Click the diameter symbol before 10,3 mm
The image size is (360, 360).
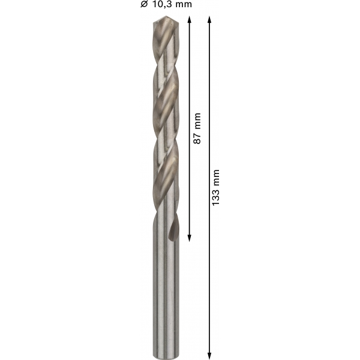point(144,4)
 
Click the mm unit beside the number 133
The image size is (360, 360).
point(216,178)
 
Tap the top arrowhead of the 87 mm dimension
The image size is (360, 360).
point(190,19)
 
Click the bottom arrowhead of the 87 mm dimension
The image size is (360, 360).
point(190,238)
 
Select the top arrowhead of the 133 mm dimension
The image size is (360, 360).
point(209,19)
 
